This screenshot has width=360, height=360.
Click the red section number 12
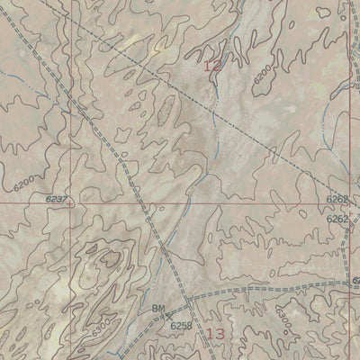(211, 66)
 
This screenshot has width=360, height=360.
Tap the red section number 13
(214, 334)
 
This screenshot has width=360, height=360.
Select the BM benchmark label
(158, 310)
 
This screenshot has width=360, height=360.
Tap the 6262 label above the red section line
(337, 199)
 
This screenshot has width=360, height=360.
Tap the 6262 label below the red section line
(337, 219)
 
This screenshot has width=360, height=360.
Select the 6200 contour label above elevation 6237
(25, 183)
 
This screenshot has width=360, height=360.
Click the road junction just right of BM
(187, 300)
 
